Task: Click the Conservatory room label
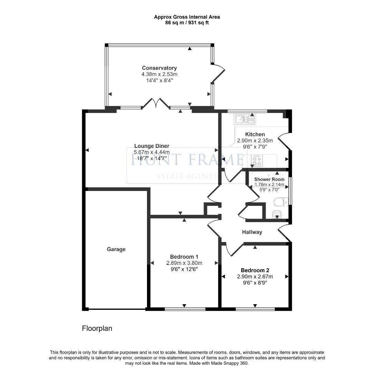coord(159,68)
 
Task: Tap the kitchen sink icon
coord(245,119)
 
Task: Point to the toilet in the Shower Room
coord(280,202)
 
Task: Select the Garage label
coord(116,249)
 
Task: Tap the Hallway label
coord(252,232)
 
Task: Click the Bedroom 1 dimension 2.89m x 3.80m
coord(184,263)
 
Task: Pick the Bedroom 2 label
coord(255,270)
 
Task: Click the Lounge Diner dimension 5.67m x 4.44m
coord(152,152)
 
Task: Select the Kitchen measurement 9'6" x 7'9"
coord(255,146)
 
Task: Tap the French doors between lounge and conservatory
coord(156,104)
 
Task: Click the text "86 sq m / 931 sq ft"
coord(187,23)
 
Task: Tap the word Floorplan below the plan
coord(97,328)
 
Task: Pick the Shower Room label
coord(269,179)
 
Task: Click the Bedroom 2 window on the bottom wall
coord(255,308)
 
